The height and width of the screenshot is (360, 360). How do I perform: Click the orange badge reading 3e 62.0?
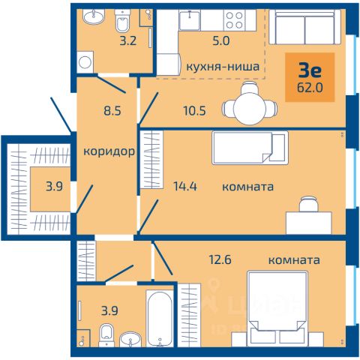coord(310,77)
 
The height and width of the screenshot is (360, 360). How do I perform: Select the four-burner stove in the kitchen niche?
coord(235,20)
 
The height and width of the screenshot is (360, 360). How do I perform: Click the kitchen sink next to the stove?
coord(190,20)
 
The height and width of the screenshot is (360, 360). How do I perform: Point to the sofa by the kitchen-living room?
coord(304,27)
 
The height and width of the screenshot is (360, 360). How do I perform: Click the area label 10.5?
coord(195,110)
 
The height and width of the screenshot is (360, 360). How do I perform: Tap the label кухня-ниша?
coord(223,67)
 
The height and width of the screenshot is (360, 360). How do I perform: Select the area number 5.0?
coord(221,40)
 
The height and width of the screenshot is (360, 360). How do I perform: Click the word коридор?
coord(109,151)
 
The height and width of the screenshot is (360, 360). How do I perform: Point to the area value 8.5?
coord(112,110)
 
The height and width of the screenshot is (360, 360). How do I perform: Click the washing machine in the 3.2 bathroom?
coord(85,62)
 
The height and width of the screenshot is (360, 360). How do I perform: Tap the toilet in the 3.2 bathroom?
coord(123,21)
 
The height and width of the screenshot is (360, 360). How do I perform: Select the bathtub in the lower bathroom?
coord(160,318)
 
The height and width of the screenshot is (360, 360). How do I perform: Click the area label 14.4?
coord(185,187)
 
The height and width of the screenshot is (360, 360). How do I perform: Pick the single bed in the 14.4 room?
coord(250,148)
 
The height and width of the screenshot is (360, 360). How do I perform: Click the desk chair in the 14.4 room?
coord(309,204)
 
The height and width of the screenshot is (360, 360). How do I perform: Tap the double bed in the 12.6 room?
coord(277,307)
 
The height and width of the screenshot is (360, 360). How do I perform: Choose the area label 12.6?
coord(220,259)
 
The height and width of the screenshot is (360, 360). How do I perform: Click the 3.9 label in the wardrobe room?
coord(54,187)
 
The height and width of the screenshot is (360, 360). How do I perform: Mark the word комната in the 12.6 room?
coord(294,260)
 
